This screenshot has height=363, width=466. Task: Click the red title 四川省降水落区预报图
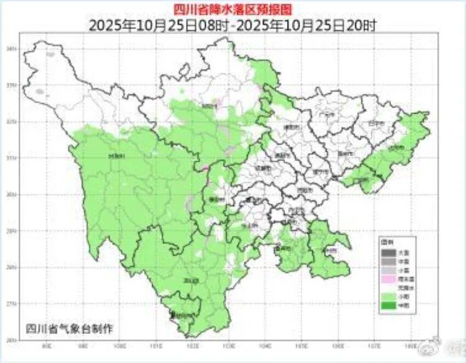[233, 8]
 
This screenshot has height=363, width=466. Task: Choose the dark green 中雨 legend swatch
[388, 305]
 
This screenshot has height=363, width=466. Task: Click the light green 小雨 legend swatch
[388, 297]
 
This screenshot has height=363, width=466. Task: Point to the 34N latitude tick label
[24, 49]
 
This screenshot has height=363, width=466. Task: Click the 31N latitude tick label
[24, 158]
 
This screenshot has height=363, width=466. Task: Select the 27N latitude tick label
[24, 303]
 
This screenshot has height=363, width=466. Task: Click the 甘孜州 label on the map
[117, 156]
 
